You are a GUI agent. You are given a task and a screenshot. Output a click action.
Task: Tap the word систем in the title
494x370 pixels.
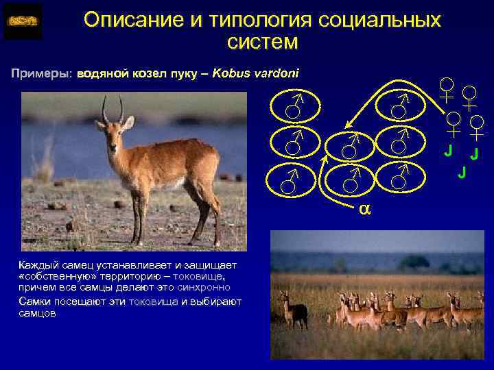point(262,43)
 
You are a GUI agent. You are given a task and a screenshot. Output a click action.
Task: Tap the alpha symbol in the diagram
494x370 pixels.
point(364,208)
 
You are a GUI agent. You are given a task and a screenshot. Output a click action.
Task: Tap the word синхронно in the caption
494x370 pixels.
point(207,288)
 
